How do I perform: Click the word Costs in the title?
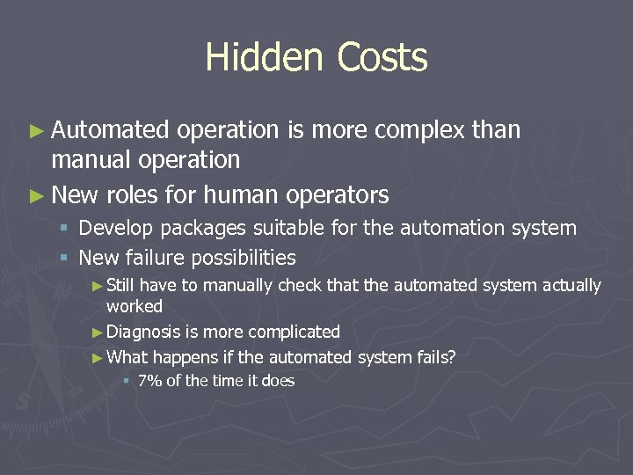coord(375,58)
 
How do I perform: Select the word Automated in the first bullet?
coord(109,130)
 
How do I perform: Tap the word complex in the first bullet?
coord(421,130)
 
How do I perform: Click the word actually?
coord(571,286)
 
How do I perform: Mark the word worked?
coord(135,306)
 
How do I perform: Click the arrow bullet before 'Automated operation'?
coord(35,131)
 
